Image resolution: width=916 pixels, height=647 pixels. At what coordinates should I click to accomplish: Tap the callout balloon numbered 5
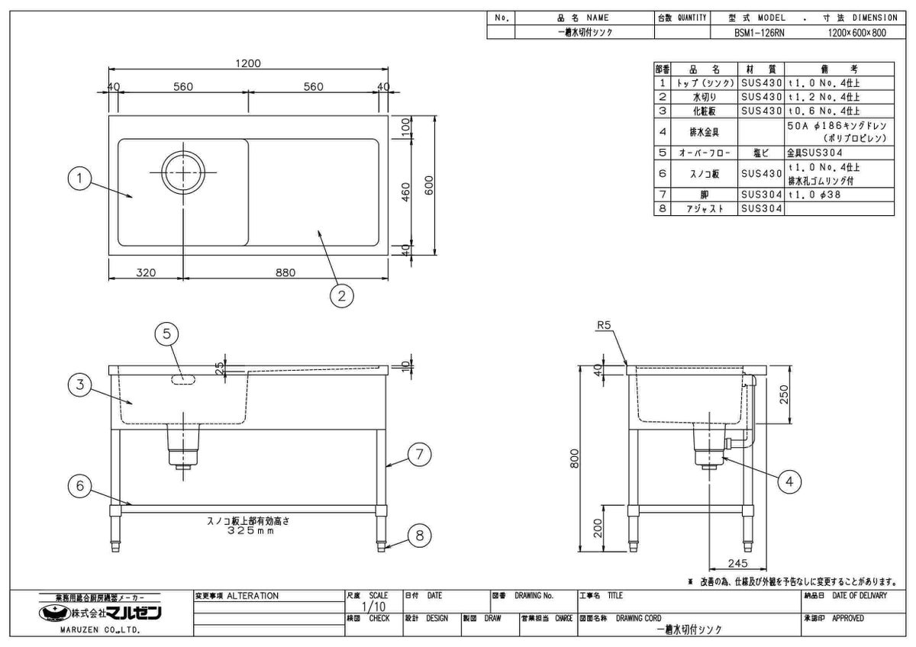[x=166, y=333]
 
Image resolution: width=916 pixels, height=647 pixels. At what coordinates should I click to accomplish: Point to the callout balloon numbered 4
[x=789, y=481]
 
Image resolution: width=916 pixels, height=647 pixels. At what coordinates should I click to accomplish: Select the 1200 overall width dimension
[x=249, y=63]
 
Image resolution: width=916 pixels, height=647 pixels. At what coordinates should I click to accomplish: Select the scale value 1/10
[x=371, y=607]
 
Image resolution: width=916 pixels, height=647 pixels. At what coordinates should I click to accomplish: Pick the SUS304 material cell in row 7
[x=761, y=195]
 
